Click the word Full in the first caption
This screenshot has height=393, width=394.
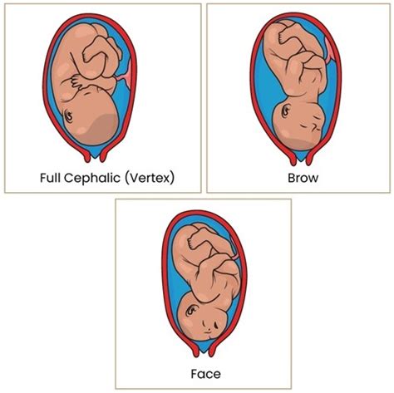tap(50, 178)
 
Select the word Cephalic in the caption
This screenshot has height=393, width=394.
tap(92, 178)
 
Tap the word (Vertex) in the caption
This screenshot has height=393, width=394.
tap(150, 178)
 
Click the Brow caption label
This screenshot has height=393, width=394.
tap(303, 178)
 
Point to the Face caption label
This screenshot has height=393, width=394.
tap(206, 374)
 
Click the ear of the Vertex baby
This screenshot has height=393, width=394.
tap(68, 116)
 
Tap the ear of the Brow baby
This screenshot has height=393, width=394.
tap(285, 111)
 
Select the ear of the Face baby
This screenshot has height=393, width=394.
tap(191, 311)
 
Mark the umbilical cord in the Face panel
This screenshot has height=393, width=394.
tap(234, 249)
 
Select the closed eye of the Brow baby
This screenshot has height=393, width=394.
tap(304, 126)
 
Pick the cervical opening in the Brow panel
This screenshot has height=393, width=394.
tap(301, 157)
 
